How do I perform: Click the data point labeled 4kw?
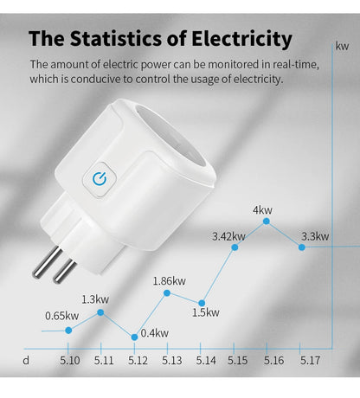click(x=266, y=221)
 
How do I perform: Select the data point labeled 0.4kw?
click(x=134, y=336)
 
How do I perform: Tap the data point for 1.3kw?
click(x=101, y=311)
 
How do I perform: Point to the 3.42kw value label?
click(x=228, y=235)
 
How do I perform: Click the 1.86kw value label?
click(x=169, y=280)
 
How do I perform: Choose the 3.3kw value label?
click(x=314, y=235)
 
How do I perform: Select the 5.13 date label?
click(x=171, y=360)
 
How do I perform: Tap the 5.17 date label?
click(x=309, y=360)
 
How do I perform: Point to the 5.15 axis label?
click(x=240, y=360)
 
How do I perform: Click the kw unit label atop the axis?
click(x=343, y=46)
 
